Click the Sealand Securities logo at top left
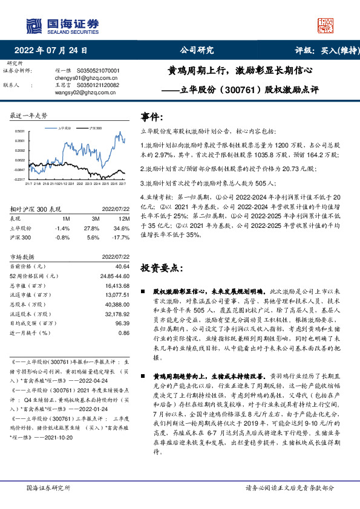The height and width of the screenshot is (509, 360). point(62,24)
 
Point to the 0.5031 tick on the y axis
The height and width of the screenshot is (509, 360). point(19,131)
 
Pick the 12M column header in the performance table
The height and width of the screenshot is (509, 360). point(125,218)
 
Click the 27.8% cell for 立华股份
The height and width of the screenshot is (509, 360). point(91,228)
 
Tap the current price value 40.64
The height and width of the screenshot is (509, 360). point(122,266)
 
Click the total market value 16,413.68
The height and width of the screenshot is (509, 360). point(117,286)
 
